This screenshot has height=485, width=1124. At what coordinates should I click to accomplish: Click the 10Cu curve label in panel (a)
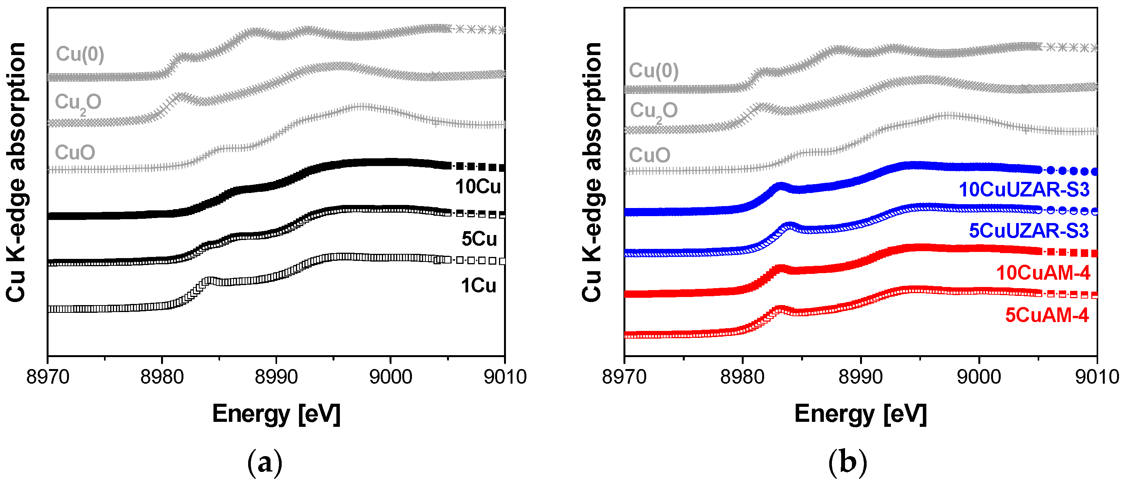tap(478, 187)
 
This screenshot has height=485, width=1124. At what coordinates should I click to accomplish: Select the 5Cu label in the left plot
tap(479, 239)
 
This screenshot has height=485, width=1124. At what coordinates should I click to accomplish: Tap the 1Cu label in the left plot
tap(478, 286)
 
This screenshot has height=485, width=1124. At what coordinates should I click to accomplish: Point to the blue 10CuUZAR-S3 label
tap(1024, 190)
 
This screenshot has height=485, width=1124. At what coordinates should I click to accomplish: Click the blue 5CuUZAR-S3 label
tap(1028, 231)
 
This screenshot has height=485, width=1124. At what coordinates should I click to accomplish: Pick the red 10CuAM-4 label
tap(1043, 273)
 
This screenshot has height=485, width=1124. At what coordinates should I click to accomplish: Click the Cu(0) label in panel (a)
tap(80, 54)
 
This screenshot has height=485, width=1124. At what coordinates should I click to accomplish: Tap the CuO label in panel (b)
tap(649, 155)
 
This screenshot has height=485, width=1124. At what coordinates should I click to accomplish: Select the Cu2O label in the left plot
tap(78, 103)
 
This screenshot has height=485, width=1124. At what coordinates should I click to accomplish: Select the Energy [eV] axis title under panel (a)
tap(276, 413)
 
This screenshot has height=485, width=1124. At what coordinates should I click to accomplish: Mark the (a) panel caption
tap(264, 463)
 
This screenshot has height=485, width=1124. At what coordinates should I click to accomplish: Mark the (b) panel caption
tap(847, 463)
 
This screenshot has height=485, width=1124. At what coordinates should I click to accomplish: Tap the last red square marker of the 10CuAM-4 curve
tap(1094, 253)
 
